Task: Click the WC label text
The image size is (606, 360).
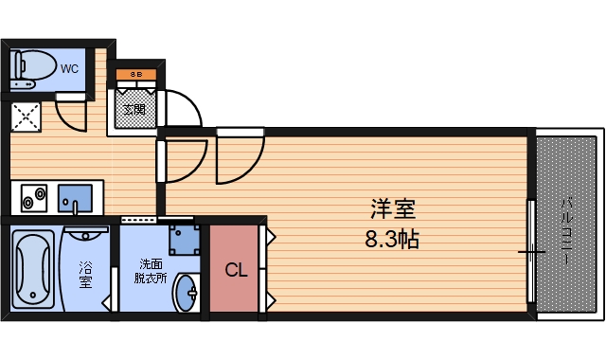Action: pos(70,68)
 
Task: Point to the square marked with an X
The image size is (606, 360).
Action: pos(25,118)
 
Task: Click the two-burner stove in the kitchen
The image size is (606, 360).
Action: pos(35,199)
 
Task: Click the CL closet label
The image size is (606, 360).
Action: pos(236,270)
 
